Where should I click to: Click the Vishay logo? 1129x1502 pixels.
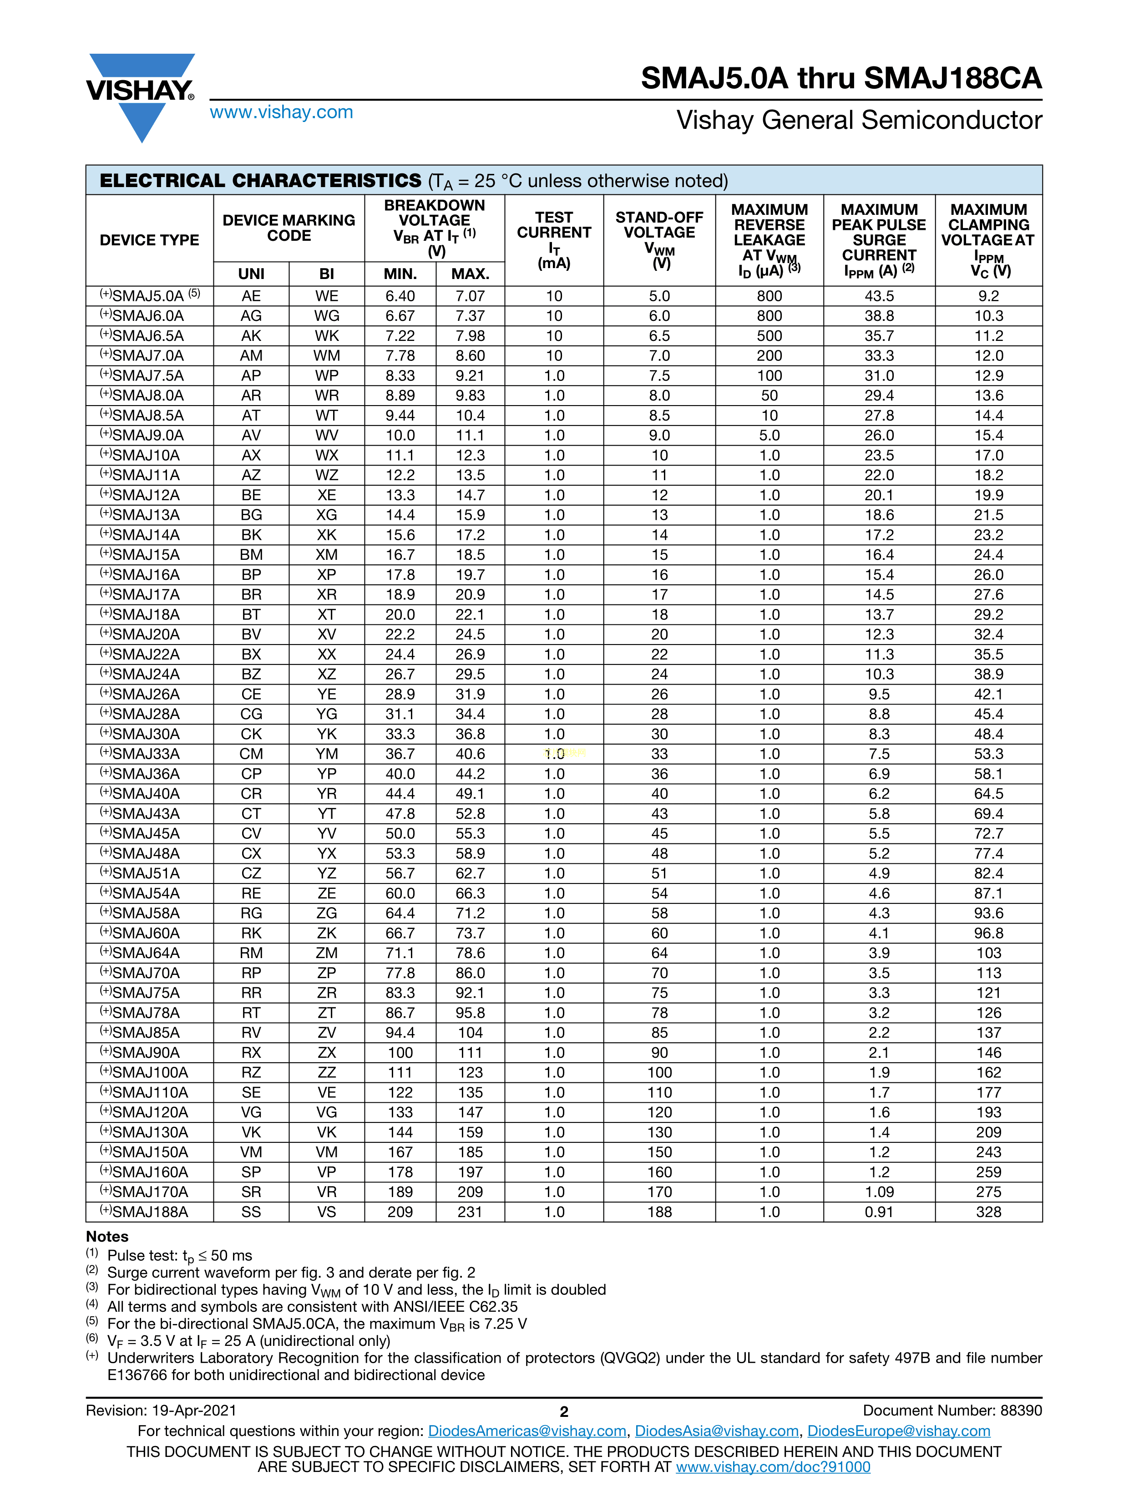point(141,95)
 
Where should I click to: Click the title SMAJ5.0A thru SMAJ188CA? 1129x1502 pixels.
point(840,78)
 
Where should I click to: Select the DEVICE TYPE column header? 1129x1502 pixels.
point(149,240)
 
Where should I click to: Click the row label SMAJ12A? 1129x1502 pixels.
point(145,495)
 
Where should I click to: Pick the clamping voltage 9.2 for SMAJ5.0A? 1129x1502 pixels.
point(988,296)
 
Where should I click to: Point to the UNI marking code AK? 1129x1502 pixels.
point(251,336)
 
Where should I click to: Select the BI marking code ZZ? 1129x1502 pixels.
point(327,1073)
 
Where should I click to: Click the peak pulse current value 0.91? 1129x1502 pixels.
point(878,1212)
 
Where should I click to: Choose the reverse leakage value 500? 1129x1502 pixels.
point(769,336)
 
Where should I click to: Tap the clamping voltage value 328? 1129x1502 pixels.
point(988,1212)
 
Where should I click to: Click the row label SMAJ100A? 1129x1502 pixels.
point(149,1073)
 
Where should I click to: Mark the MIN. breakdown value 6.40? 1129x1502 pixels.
point(400,296)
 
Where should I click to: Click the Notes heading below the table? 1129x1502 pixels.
point(107,1237)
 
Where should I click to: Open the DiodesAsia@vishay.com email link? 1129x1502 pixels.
point(716,1431)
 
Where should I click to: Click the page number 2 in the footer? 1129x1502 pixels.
point(563,1412)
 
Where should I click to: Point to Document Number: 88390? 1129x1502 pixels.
point(952,1411)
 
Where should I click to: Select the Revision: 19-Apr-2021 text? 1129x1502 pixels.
point(161,1411)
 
